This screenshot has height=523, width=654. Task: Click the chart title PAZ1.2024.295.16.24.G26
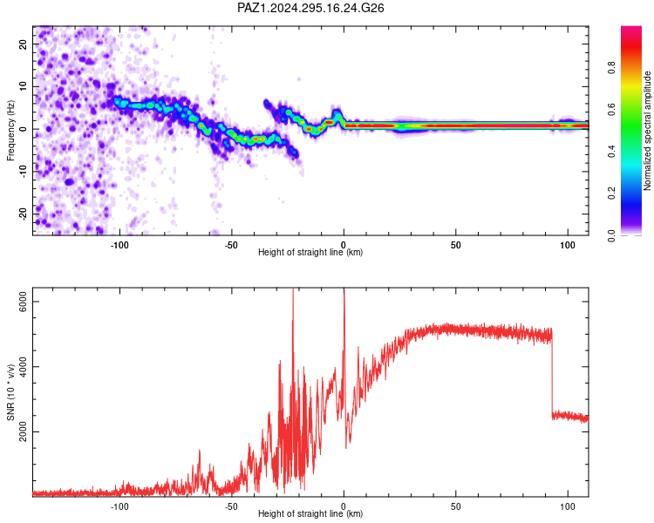(x=310, y=8)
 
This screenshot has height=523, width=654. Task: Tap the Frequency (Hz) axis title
(x=10, y=131)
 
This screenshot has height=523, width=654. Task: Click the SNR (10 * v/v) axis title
(x=10, y=392)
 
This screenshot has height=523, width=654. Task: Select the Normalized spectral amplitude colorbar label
(x=647, y=131)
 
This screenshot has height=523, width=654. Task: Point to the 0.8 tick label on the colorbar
(x=611, y=67)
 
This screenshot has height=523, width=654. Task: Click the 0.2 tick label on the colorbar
(x=611, y=194)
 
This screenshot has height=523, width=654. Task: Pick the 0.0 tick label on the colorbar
(x=611, y=235)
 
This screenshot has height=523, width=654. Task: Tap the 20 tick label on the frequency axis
(x=23, y=44)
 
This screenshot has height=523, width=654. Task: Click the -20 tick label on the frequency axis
(x=23, y=214)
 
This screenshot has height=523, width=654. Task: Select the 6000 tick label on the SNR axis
(x=23, y=301)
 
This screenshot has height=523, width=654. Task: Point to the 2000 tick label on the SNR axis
(x=23, y=431)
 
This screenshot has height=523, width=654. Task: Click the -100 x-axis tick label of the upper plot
(x=119, y=245)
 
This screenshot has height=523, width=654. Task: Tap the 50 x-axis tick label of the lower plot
(x=455, y=506)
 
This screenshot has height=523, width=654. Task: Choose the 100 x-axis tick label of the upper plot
(x=568, y=245)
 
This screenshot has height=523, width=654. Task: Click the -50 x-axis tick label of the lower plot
(x=231, y=506)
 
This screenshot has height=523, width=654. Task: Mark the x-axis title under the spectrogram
(x=310, y=252)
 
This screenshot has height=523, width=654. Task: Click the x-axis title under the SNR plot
(x=310, y=513)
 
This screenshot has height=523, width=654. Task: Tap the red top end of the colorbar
(x=631, y=29)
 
